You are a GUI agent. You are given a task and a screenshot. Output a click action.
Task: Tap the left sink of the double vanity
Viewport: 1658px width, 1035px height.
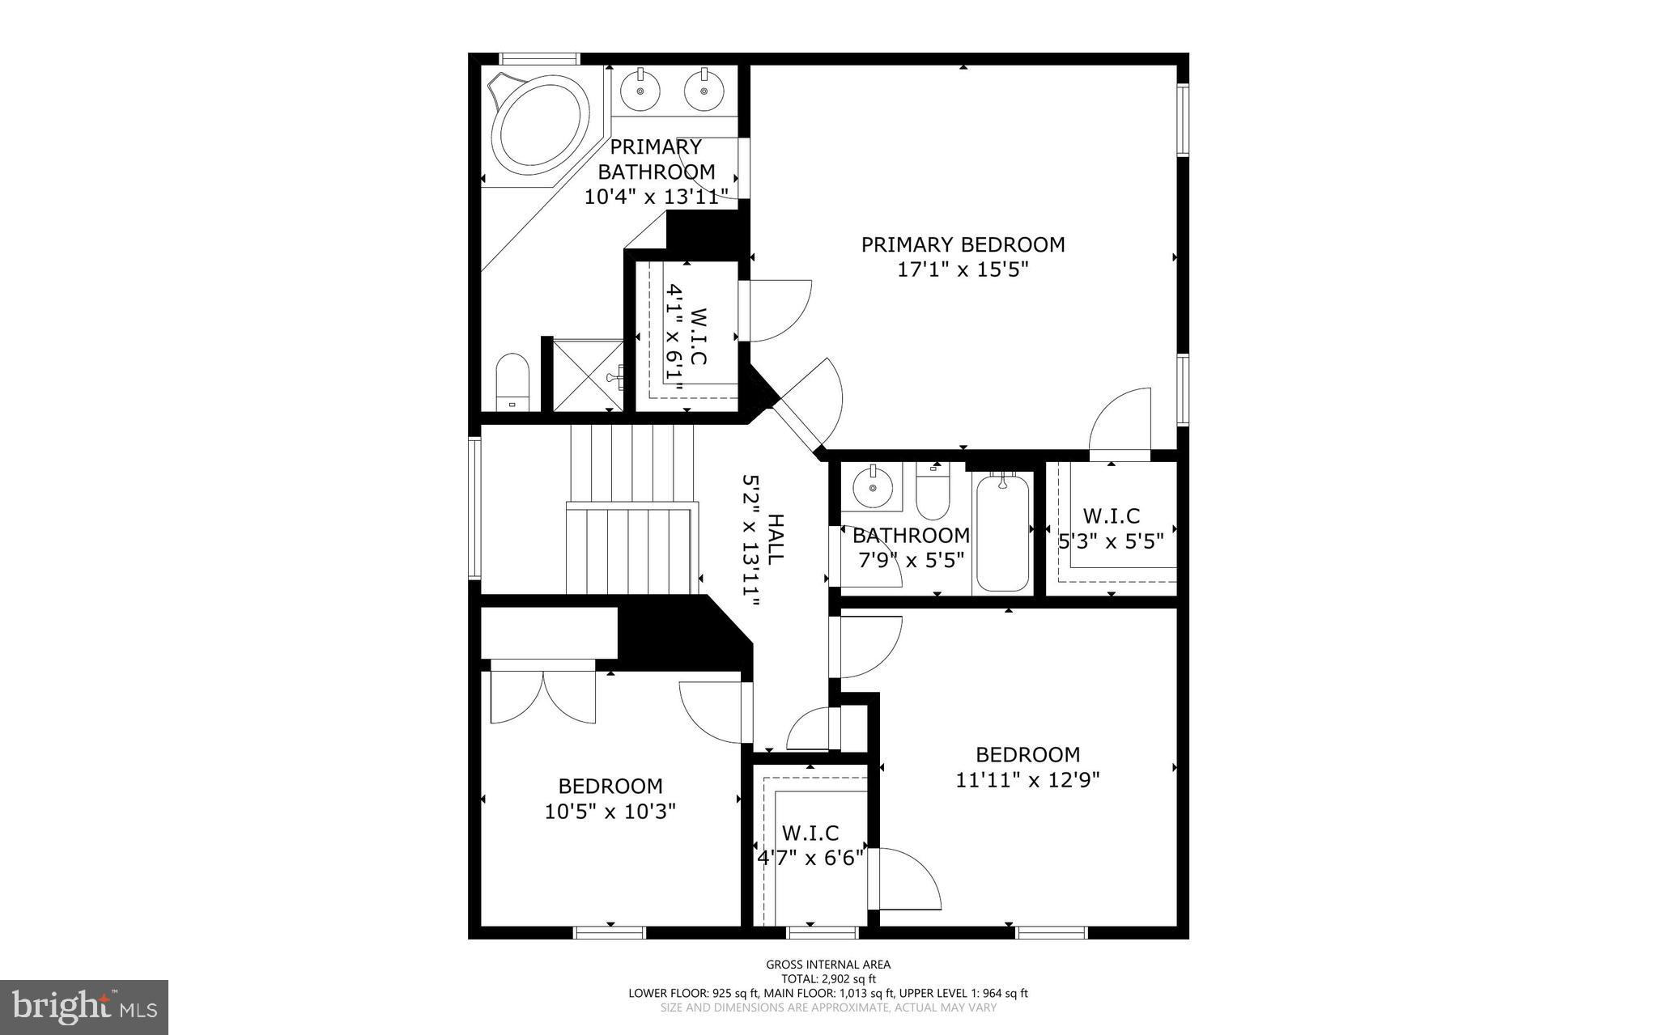point(642,91)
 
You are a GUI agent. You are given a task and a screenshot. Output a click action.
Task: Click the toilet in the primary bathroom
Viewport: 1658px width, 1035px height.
point(512,382)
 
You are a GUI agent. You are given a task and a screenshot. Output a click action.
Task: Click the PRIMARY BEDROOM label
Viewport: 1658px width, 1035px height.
point(963,244)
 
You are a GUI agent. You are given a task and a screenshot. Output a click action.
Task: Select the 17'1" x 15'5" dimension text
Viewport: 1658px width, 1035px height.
point(963,269)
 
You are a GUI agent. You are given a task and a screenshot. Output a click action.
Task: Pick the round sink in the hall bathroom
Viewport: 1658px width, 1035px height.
point(871,488)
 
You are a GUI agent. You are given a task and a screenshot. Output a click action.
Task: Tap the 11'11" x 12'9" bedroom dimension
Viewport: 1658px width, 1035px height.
point(1027,780)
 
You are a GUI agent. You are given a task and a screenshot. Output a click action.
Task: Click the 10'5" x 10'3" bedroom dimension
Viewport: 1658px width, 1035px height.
point(610,812)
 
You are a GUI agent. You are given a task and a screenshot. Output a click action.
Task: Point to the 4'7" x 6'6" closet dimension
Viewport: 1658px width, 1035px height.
point(810,858)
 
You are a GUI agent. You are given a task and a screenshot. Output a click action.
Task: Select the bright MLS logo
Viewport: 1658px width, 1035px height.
point(84,1007)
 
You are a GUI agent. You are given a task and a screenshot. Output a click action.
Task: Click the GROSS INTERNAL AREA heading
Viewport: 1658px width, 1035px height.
point(828,965)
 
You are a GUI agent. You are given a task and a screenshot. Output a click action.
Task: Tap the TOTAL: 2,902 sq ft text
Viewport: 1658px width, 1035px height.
point(828,979)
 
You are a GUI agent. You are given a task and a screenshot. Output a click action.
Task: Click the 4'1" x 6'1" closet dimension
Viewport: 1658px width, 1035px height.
point(674,336)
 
